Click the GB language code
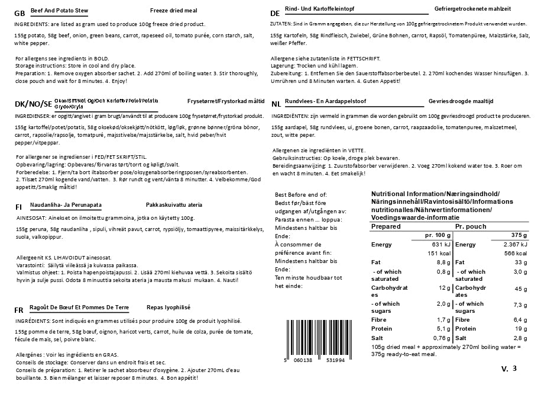point(19,13)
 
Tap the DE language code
point(274,13)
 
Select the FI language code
point(19,207)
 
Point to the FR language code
point(19,310)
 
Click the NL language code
point(276,103)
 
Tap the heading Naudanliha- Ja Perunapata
point(67,205)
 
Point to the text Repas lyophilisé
point(169,307)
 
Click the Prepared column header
point(386,226)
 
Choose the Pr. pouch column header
point(471,226)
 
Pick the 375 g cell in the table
point(518,235)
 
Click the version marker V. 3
point(508,369)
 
